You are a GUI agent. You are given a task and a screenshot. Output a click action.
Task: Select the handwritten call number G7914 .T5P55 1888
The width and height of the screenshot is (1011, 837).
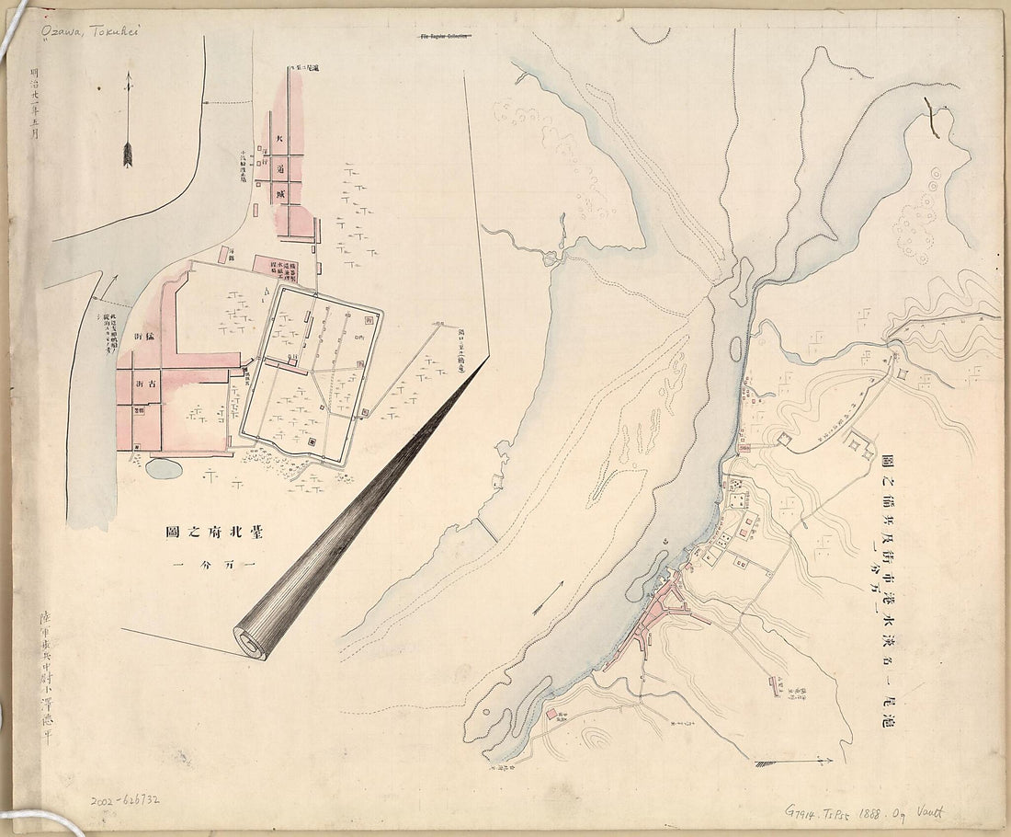coord(865,812)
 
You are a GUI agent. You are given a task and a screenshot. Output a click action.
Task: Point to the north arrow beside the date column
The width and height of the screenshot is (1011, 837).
coord(128,120)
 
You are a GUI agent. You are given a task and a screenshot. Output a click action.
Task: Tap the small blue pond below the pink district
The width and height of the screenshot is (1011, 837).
coord(164,468)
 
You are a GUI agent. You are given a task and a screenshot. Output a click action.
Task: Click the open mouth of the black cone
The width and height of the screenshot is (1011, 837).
coord(250,641)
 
